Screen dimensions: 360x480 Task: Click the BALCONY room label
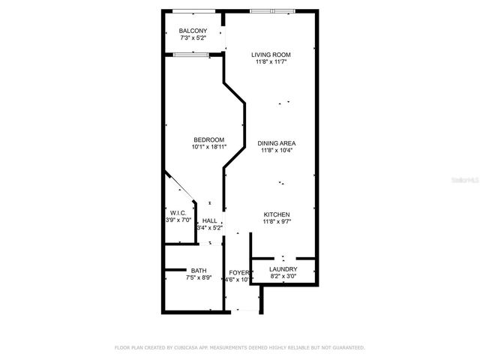[193, 31]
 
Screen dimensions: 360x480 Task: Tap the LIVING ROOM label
[271, 55]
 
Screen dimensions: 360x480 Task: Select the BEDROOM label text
[208, 139]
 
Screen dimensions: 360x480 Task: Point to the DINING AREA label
[276, 143]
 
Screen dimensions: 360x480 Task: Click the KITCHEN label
[276, 214]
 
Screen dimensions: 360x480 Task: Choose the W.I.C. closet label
[178, 213]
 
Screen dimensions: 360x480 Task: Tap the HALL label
[210, 220]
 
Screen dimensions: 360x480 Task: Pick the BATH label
[199, 271]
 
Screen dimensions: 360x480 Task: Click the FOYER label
[238, 271]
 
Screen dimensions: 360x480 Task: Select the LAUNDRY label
[283, 269]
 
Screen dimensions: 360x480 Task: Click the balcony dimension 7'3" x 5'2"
[193, 37]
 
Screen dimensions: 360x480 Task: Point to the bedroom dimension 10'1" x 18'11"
[208, 147]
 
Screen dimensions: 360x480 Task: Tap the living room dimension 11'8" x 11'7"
[271, 62]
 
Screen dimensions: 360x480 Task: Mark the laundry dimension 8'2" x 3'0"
[283, 277]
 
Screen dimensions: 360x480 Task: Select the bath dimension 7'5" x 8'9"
[199, 277]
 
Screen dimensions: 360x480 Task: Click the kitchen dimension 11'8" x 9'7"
[276, 222]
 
